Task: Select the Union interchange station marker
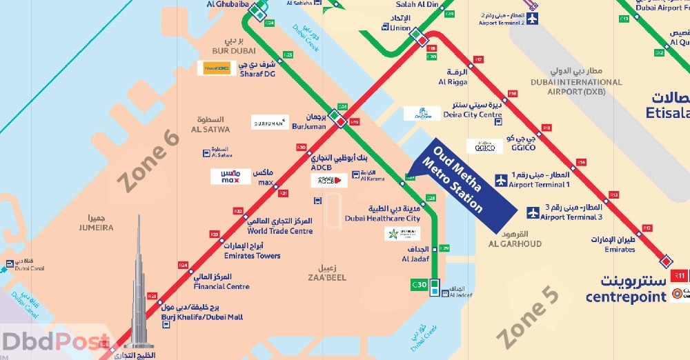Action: [416, 34]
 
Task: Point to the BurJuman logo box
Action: [270, 123]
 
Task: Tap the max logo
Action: [230, 177]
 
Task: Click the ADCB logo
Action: [329, 181]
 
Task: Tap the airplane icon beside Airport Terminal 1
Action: [501, 181]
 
